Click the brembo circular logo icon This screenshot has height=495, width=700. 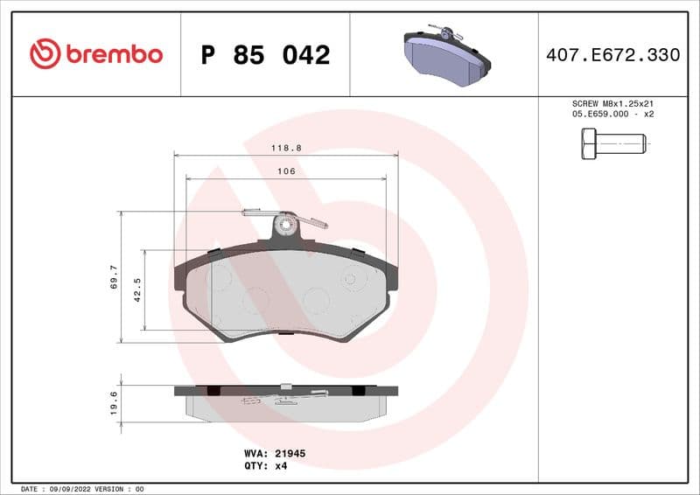[x=45, y=54]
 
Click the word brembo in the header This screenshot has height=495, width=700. [x=112, y=54]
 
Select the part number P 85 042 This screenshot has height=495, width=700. [x=265, y=55]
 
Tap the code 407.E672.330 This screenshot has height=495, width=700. [x=612, y=55]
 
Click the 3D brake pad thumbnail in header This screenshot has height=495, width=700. [x=446, y=53]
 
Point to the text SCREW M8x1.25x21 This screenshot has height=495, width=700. [x=612, y=103]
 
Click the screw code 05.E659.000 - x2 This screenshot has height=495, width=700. [x=612, y=114]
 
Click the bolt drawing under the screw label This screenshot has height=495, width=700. [x=612, y=143]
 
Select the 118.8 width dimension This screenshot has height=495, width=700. [x=286, y=149]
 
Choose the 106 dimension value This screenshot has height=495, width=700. [x=286, y=171]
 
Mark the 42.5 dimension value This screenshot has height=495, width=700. [x=137, y=290]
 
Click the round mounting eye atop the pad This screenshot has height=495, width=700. [x=285, y=225]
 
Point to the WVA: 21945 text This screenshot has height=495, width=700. [x=274, y=454]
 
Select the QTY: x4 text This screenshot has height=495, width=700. [x=265, y=466]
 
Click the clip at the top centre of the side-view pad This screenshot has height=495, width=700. [x=285, y=386]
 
